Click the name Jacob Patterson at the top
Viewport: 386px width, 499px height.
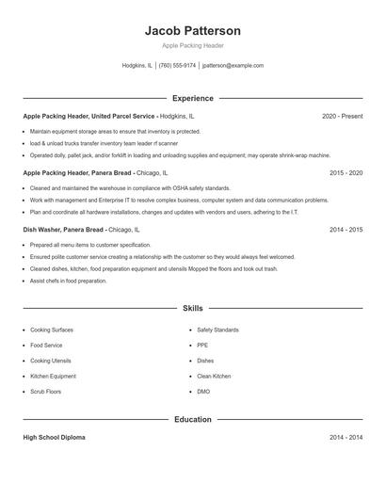[x=192, y=30]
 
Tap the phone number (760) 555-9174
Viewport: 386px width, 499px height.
[x=178, y=66]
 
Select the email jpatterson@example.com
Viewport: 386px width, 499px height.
[x=233, y=66]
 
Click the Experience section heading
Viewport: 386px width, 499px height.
[x=192, y=98]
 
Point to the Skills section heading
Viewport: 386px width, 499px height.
[x=192, y=308]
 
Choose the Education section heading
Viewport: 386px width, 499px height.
[x=192, y=419]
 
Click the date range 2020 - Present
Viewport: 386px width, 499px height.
[x=342, y=116]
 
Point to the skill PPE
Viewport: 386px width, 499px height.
[x=202, y=346]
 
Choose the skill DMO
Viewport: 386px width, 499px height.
[x=203, y=391]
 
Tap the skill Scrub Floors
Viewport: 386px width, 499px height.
[x=45, y=391]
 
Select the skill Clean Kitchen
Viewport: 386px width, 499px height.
[x=214, y=376]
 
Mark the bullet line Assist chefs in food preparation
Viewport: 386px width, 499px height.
[x=68, y=281]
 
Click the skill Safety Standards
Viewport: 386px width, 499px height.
[x=217, y=330]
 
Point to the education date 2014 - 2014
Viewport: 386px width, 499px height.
[x=346, y=439]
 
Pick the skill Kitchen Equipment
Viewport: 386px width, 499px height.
[x=53, y=376]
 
